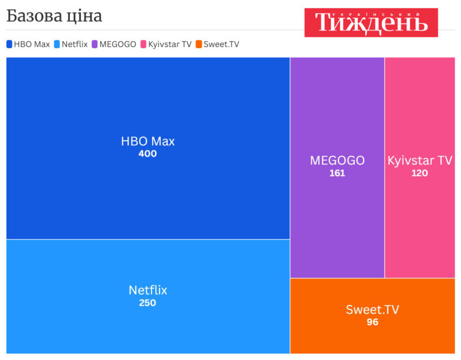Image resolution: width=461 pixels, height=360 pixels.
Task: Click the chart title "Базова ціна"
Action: point(54,16)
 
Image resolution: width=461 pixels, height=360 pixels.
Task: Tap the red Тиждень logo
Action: point(371,22)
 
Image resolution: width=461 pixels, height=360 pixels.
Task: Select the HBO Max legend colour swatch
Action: point(9,44)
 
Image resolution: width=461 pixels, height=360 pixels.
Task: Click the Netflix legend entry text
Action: point(74,44)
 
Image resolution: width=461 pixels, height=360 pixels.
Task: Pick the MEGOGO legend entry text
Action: point(118,44)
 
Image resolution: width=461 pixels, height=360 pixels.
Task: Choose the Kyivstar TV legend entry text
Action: point(170,44)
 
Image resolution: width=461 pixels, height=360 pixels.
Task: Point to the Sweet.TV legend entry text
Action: point(222,44)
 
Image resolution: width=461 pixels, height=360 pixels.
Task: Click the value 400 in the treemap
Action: point(148,154)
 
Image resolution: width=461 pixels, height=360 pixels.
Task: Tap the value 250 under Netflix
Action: point(148,303)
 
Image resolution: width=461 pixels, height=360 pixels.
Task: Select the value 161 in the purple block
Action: point(337,173)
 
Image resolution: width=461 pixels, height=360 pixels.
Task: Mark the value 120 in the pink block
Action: point(420,173)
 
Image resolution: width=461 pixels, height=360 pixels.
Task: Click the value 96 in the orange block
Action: point(372,322)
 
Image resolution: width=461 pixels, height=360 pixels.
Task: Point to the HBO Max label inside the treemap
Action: point(148,141)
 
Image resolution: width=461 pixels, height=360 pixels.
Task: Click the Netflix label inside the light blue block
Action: point(148,290)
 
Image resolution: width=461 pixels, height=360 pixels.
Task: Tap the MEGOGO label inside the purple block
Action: point(337,161)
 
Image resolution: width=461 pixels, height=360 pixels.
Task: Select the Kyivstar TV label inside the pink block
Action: point(420,161)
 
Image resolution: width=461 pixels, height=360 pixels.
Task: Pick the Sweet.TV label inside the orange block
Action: point(372,310)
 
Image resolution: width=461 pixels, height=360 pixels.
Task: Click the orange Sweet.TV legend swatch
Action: point(199,44)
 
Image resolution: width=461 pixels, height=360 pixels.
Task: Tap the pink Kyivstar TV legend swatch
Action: point(143,44)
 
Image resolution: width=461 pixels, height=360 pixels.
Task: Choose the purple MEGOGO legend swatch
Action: point(94,44)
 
